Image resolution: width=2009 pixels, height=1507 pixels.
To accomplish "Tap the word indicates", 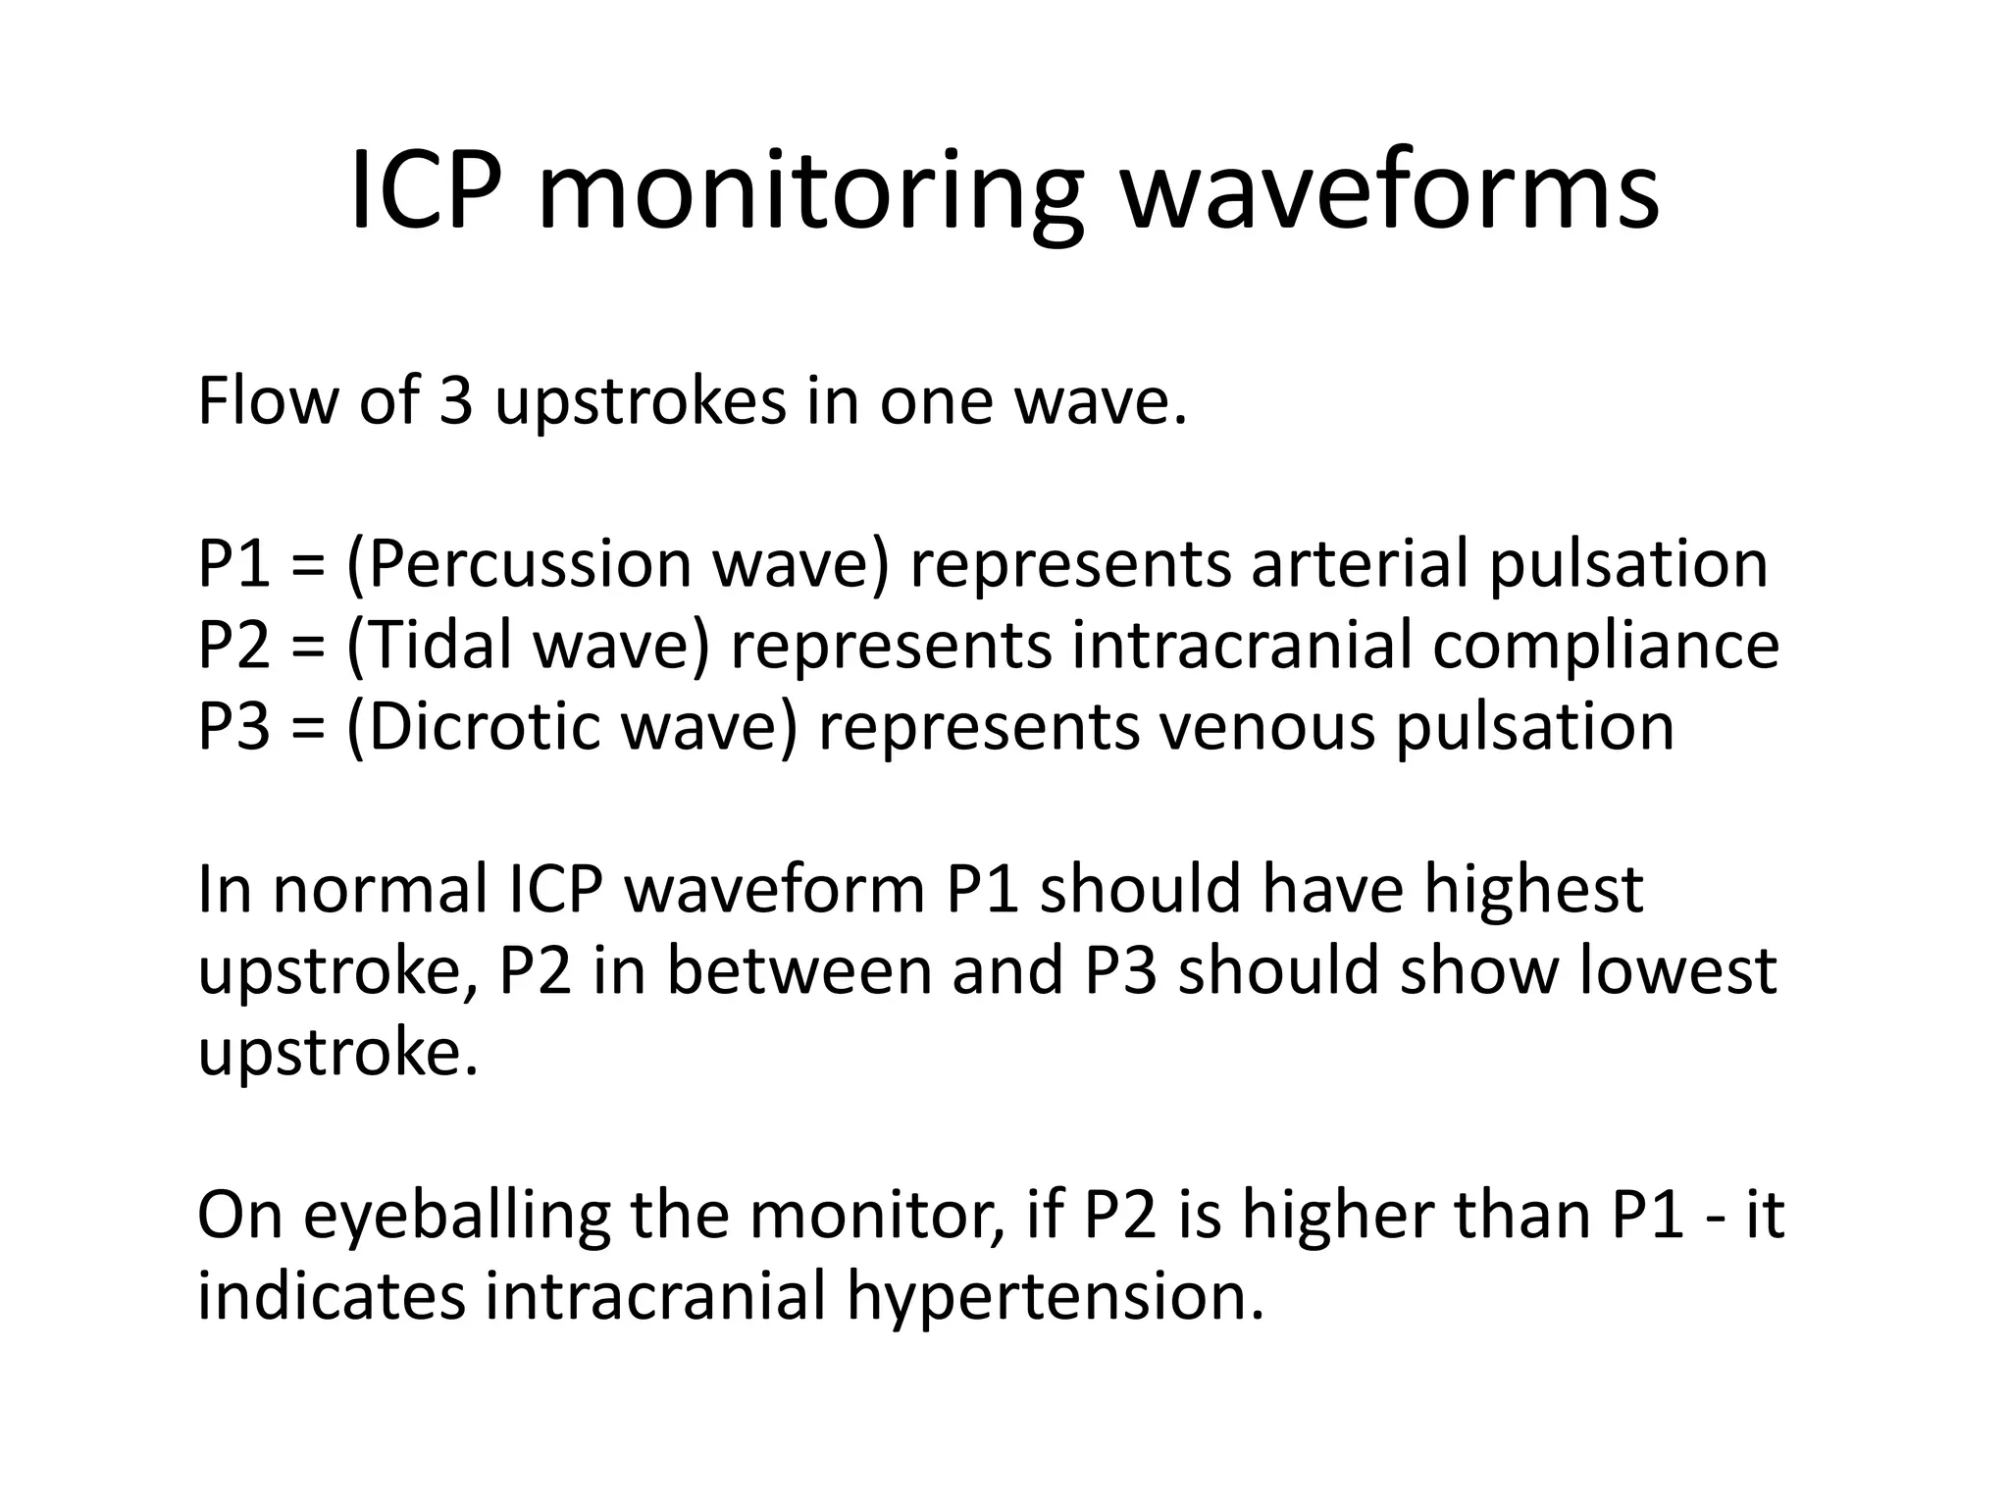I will [331, 1295].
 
